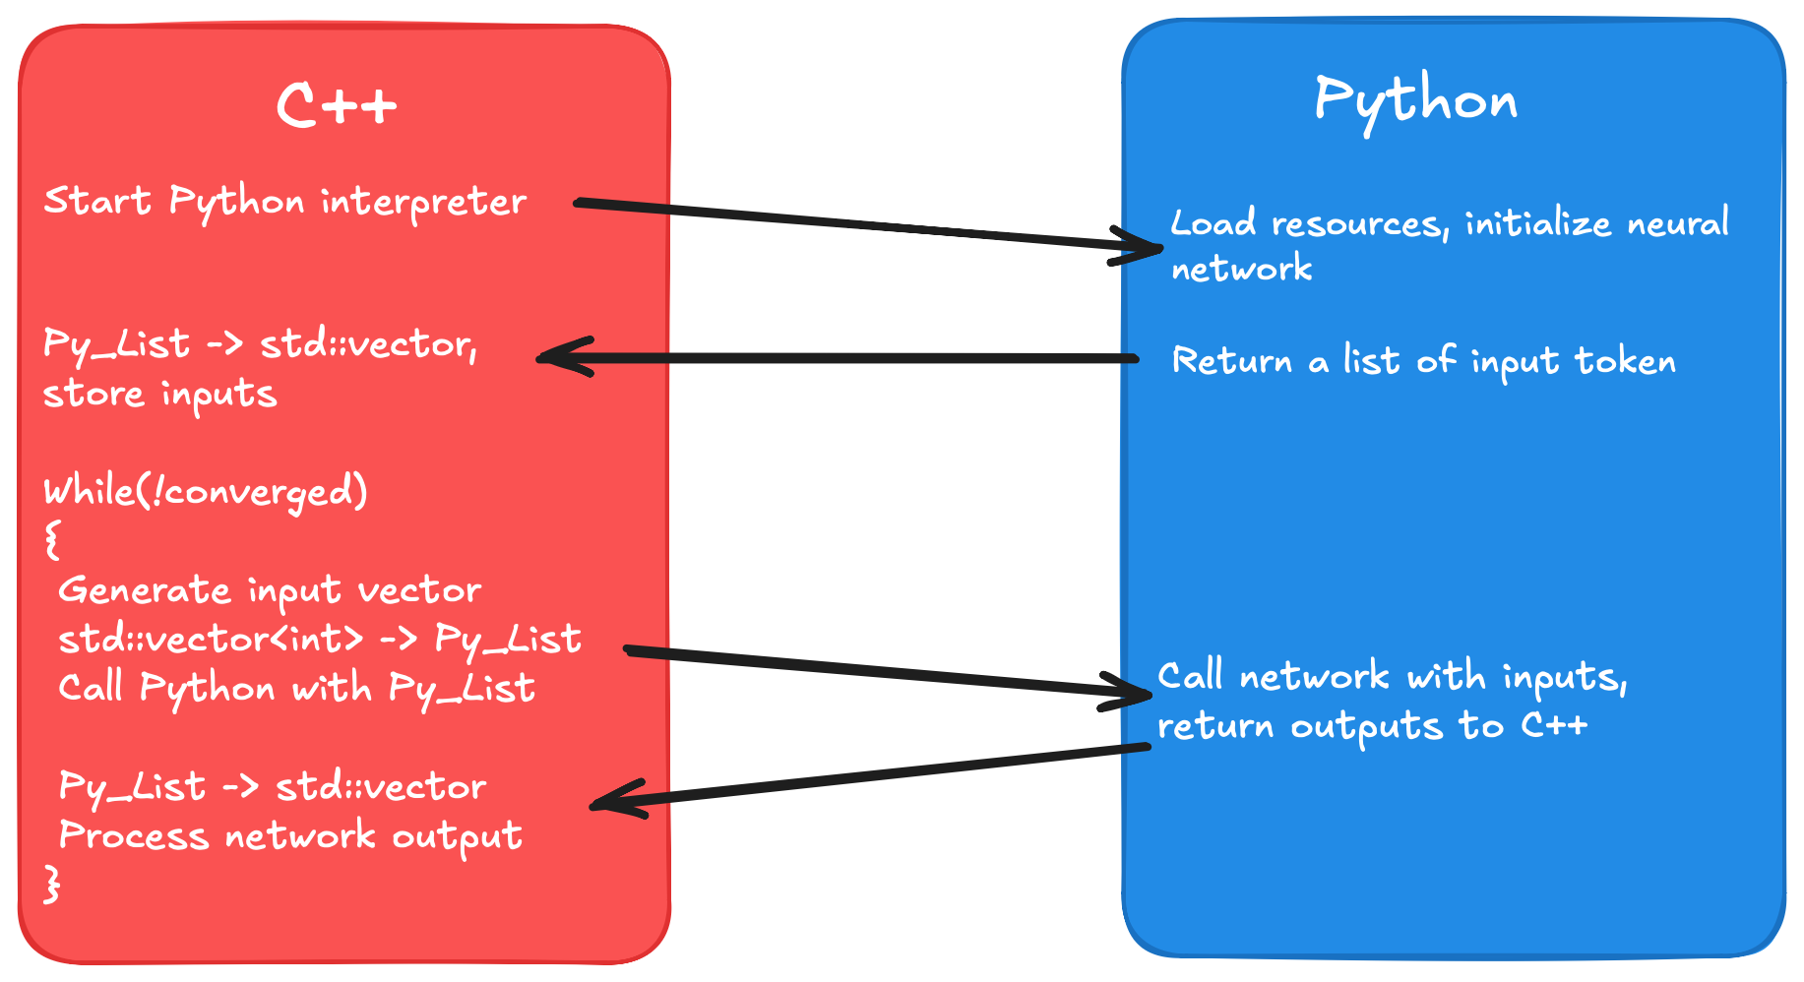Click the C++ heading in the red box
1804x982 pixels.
click(x=337, y=104)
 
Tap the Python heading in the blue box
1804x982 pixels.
click(x=1415, y=101)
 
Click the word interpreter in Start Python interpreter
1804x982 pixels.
click(x=423, y=202)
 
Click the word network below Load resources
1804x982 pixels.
click(x=1241, y=269)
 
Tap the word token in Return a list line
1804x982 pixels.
click(x=1625, y=361)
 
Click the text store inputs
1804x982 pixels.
click(x=159, y=394)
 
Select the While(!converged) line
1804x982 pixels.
click(x=205, y=490)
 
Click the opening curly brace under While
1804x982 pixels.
click(x=52, y=539)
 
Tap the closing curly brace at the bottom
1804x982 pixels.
click(x=52, y=883)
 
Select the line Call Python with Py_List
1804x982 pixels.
click(x=295, y=687)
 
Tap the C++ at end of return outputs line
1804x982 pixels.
click(x=1554, y=725)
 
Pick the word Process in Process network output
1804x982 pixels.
click(x=134, y=835)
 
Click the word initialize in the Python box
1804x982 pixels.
click(x=1537, y=224)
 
